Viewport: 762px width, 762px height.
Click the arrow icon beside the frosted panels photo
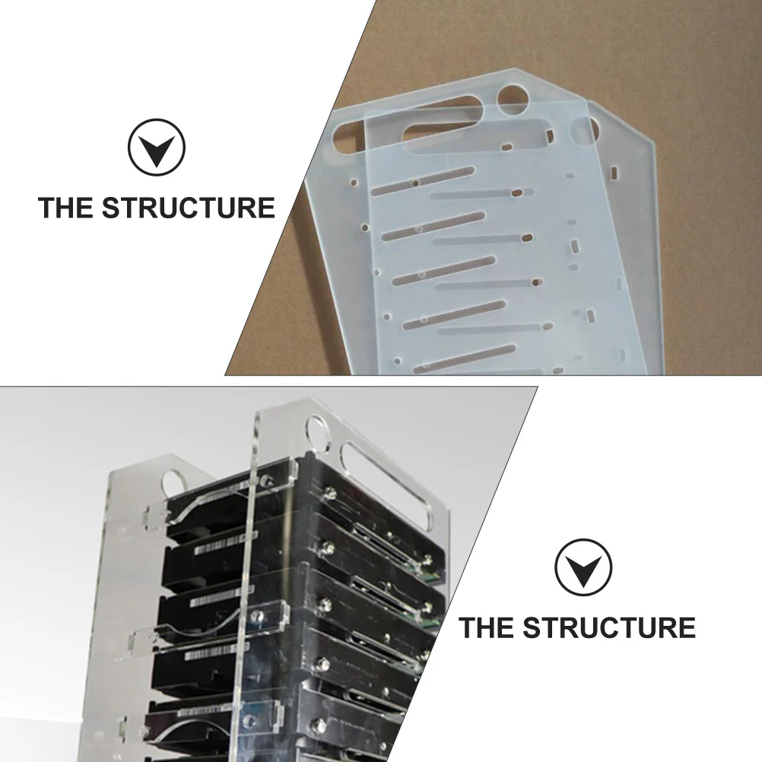pyautogui.click(x=156, y=147)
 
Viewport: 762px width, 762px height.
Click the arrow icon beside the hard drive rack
pyautogui.click(x=583, y=567)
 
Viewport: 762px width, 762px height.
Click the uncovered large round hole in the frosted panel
pyautogui.click(x=513, y=98)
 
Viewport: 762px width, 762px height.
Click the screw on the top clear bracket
pyautogui.click(x=268, y=480)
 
